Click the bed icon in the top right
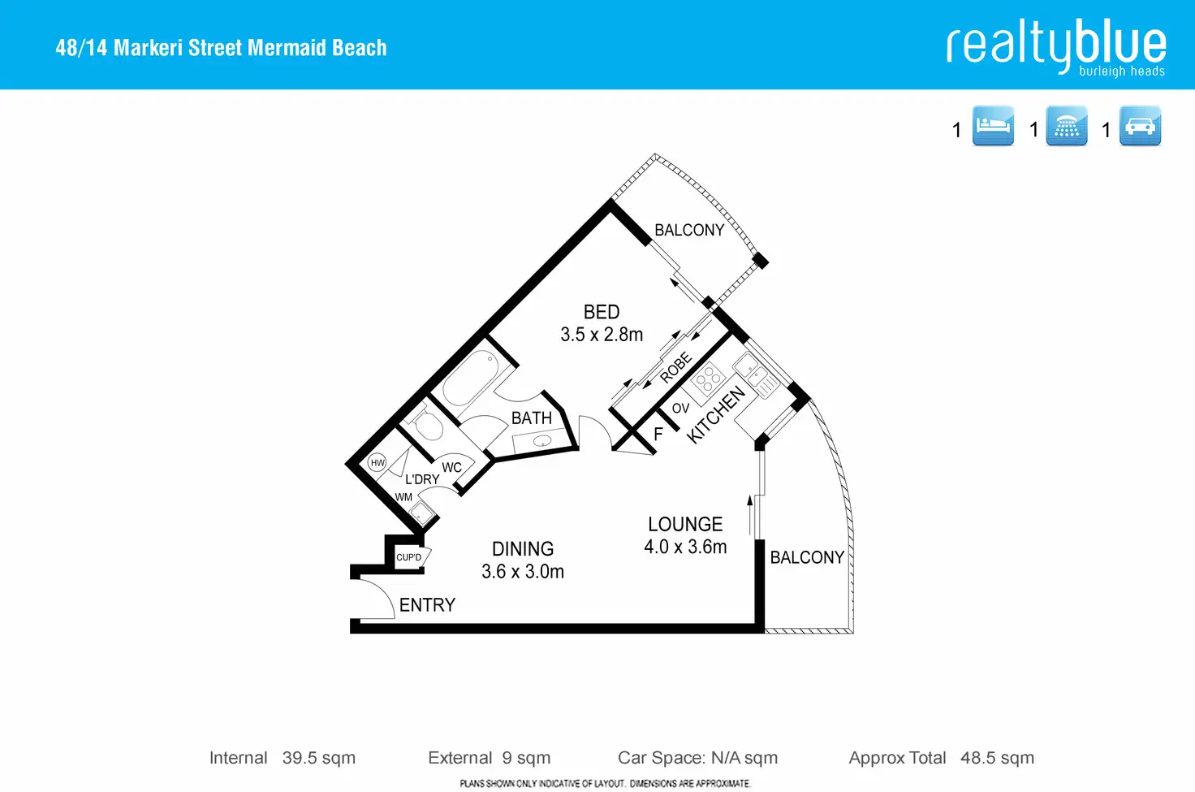tap(993, 125)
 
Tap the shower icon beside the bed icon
tap(1067, 125)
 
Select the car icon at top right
tap(1140, 125)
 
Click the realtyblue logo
tap(1056, 47)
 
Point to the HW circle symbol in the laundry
tap(377, 463)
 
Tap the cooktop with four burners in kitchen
tap(708, 378)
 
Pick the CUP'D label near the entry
tap(408, 557)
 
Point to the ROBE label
tap(676, 367)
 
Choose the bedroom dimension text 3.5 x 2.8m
tap(602, 335)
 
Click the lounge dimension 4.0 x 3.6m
tap(685, 547)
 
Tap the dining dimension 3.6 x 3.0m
tap(523, 571)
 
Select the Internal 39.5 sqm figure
tap(318, 757)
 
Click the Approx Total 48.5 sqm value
tap(997, 757)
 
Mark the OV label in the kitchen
tap(681, 409)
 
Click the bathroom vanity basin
tap(542, 441)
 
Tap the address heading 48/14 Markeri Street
tap(221, 47)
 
